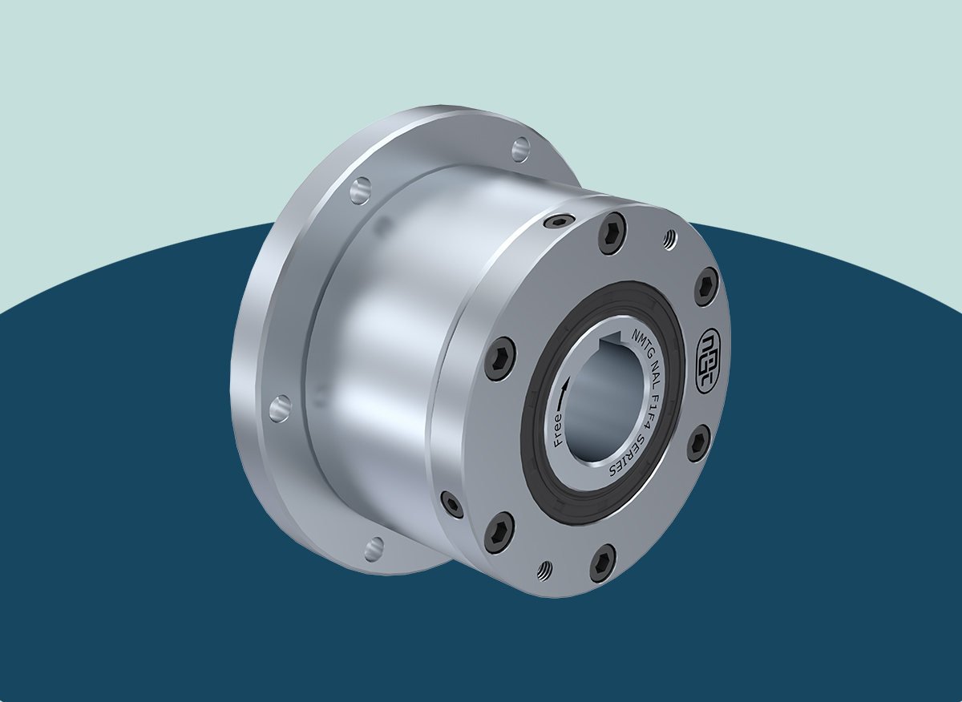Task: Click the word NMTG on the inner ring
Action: pos(641,344)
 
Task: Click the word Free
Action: pos(558,430)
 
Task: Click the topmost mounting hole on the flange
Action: pos(521,149)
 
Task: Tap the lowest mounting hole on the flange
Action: pos(374,549)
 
